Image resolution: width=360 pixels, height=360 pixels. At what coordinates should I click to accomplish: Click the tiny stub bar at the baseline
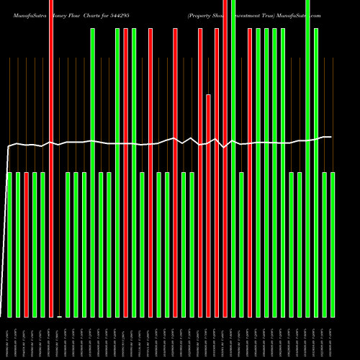pyautogui.click(x=60, y=316)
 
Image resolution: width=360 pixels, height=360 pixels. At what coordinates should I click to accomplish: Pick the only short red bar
pyautogui.click(x=27, y=245)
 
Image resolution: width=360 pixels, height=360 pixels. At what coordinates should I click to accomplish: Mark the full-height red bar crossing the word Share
pyautogui.click(x=225, y=158)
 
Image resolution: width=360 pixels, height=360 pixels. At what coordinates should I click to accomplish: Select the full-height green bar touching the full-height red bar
pyautogui.click(x=233, y=158)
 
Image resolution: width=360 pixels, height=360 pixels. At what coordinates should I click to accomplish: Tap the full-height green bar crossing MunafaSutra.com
pyautogui.click(x=307, y=158)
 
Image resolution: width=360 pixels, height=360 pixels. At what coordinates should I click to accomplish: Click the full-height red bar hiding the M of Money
pyautogui.click(x=51, y=158)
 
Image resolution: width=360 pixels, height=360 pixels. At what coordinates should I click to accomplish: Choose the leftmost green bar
pyautogui.click(x=10, y=245)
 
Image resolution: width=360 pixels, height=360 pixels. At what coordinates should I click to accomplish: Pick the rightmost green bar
pyautogui.click(x=333, y=245)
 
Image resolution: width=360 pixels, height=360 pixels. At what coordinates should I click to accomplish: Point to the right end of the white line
pyautogui.click(x=331, y=137)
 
